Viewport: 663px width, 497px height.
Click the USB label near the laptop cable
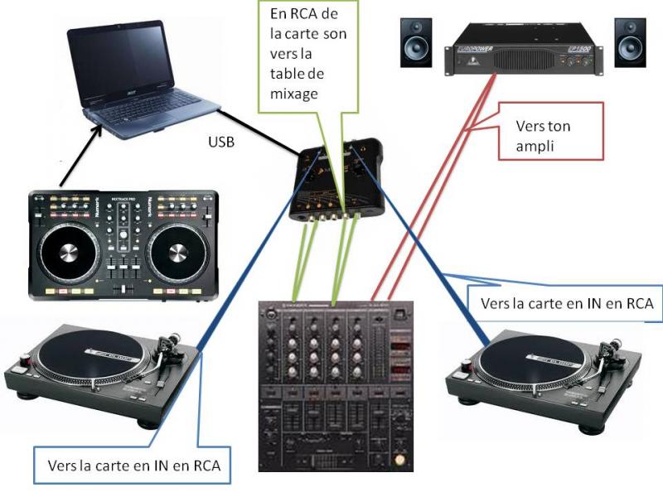click(221, 142)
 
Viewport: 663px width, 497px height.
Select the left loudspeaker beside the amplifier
click(416, 42)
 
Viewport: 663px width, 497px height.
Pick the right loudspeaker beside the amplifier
click(630, 42)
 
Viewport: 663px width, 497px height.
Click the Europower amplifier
click(524, 50)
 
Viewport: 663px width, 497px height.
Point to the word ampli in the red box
click(535, 147)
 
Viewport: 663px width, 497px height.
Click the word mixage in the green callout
click(294, 94)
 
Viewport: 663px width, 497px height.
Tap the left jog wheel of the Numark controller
click(69, 253)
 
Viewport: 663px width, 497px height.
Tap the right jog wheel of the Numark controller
click(178, 253)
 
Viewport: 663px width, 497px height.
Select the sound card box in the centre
click(337, 180)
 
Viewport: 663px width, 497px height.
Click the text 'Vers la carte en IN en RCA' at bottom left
click(134, 466)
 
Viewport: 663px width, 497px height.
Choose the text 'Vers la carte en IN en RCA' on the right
click(567, 303)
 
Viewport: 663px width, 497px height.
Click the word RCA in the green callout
click(305, 14)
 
